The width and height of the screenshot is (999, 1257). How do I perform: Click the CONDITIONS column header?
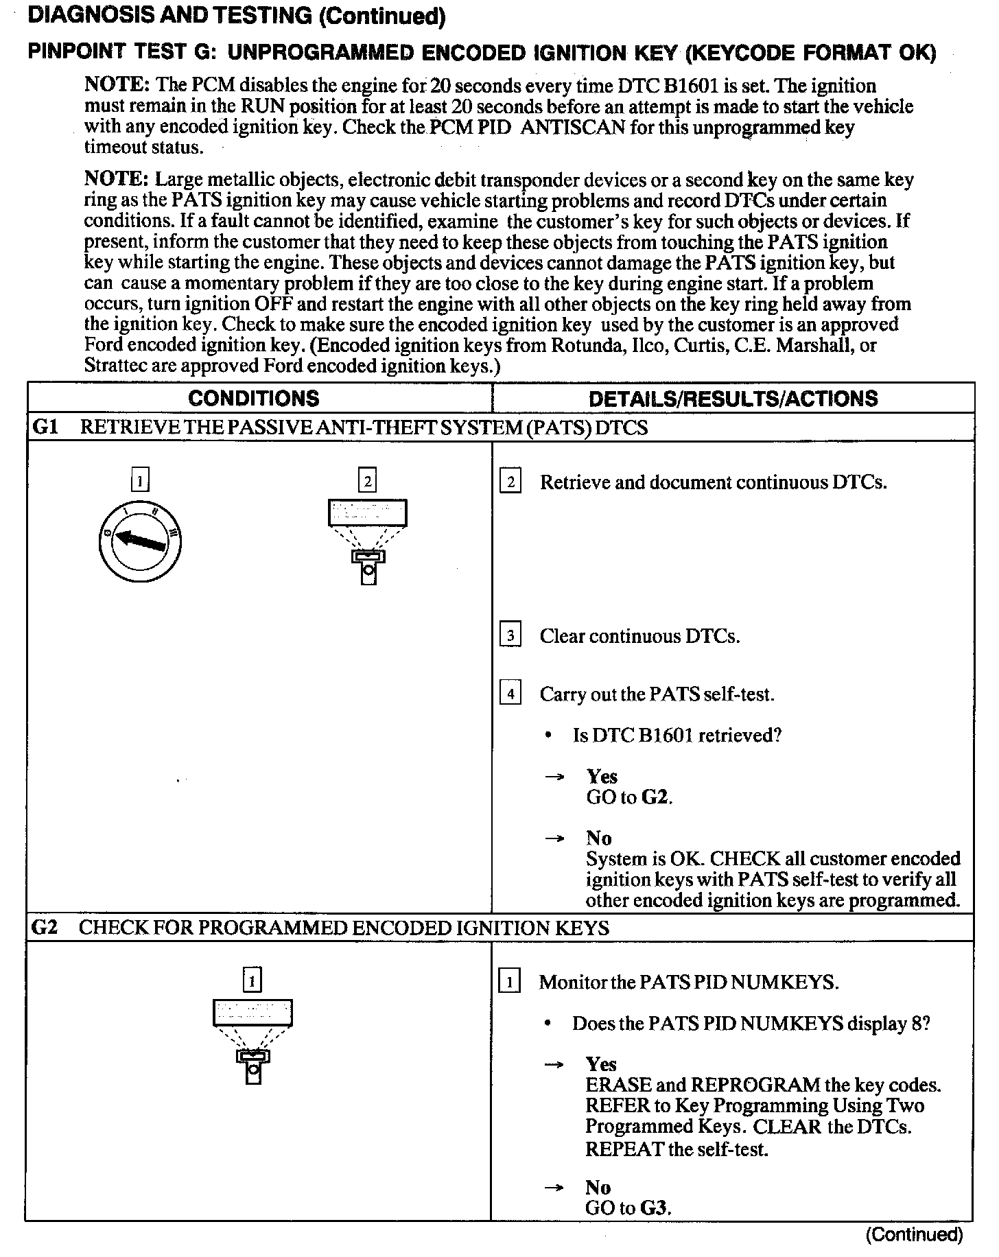(x=253, y=399)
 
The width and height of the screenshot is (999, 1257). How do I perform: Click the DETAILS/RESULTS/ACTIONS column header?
(x=733, y=399)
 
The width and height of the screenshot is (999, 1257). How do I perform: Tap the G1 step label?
(x=45, y=427)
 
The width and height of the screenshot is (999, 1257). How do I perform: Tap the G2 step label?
(x=45, y=928)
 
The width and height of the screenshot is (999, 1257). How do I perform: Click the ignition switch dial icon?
(x=140, y=542)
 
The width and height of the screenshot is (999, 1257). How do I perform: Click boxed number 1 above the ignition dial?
(x=139, y=480)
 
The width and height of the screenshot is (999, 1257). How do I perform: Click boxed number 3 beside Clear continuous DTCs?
(x=510, y=635)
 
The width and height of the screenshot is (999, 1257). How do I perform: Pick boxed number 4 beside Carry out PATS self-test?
(x=510, y=694)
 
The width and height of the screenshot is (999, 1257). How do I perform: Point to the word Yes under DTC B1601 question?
(x=602, y=777)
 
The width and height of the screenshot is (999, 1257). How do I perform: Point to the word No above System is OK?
(x=599, y=838)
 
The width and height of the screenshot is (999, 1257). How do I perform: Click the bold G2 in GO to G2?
(x=655, y=797)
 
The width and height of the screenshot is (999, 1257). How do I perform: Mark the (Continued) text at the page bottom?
(x=914, y=1235)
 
